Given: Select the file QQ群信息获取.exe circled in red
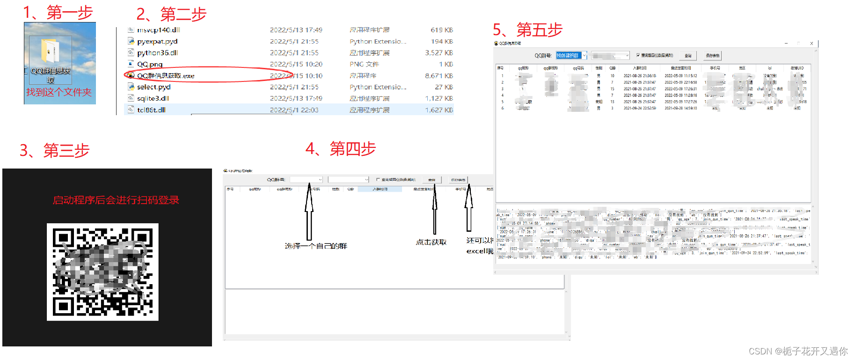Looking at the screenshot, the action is (166, 76).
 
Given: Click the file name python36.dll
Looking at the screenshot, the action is (157, 53).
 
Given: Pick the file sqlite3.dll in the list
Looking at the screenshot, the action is (153, 98).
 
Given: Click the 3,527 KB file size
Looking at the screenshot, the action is (438, 53).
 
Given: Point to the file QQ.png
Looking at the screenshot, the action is (150, 64).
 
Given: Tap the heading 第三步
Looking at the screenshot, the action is (66, 151).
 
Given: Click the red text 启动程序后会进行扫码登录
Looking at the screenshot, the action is (116, 200).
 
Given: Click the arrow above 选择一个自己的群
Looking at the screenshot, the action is (309, 211).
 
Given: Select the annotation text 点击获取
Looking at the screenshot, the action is (431, 242).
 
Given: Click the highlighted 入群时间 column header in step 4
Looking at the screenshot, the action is (380, 189).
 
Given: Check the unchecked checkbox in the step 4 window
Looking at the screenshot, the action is (378, 179).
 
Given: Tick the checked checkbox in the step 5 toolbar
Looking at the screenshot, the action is (638, 55).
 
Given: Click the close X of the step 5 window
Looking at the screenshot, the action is (811, 44).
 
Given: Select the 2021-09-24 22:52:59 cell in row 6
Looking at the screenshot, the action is (639, 108).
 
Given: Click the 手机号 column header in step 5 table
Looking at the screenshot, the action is (715, 68).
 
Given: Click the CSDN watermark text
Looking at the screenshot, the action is (798, 351).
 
